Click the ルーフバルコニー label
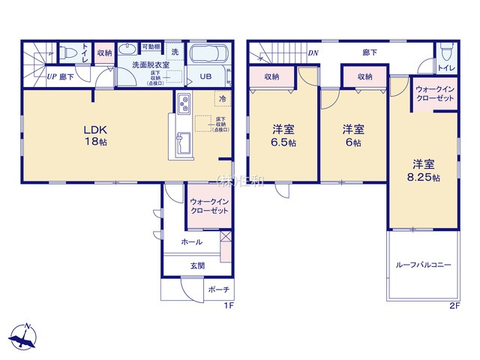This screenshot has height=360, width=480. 424,265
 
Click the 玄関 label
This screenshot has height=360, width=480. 197,265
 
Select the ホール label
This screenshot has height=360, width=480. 192,241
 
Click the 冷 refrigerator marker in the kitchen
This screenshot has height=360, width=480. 223,97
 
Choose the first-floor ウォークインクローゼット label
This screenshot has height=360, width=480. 208,206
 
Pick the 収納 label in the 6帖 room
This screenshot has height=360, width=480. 365,76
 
